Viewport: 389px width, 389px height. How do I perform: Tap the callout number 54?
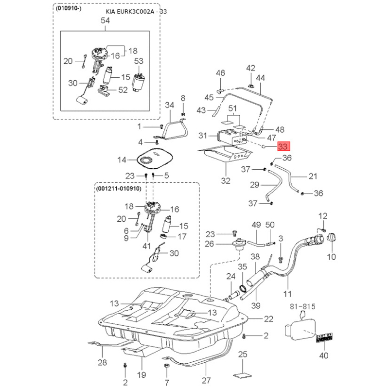106,20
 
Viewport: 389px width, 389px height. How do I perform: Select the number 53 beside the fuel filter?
139,61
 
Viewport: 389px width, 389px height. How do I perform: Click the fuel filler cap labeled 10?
332,238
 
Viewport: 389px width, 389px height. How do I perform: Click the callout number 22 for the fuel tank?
268,319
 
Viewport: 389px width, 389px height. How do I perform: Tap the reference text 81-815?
302,307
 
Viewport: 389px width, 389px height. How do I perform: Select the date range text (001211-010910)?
119,188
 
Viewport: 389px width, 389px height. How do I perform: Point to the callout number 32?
226,181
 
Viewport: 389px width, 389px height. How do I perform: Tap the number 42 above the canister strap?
250,68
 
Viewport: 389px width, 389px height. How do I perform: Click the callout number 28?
102,362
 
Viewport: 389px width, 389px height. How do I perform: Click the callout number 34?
169,105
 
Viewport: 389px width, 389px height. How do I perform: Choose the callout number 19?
141,375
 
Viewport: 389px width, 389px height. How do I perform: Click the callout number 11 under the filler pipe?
287,294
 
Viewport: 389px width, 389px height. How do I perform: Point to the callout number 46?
220,73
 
